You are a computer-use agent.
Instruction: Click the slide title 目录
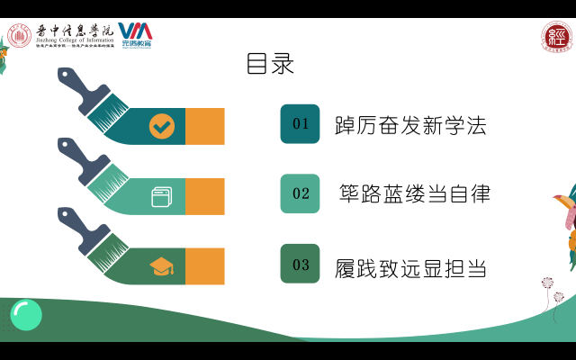(270, 65)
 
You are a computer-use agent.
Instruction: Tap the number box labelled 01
(300, 124)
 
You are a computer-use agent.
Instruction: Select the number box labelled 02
(300, 193)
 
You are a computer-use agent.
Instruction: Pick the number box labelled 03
(300, 264)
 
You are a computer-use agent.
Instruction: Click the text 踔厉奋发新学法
(409, 125)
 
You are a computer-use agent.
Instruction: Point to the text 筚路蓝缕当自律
(415, 193)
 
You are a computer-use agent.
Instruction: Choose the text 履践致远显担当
(409, 267)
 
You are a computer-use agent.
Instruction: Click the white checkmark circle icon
(162, 126)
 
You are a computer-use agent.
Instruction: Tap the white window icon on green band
(161, 196)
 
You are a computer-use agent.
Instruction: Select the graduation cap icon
(161, 266)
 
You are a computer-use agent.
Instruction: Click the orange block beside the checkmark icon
(204, 126)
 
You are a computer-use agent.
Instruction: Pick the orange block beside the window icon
(204, 196)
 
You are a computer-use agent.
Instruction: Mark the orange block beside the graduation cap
(204, 266)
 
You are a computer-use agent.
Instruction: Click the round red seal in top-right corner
(556, 37)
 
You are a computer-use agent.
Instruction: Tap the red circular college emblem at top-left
(20, 36)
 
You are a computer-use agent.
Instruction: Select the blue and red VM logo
(135, 34)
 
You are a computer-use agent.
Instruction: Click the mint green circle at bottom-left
(26, 314)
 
